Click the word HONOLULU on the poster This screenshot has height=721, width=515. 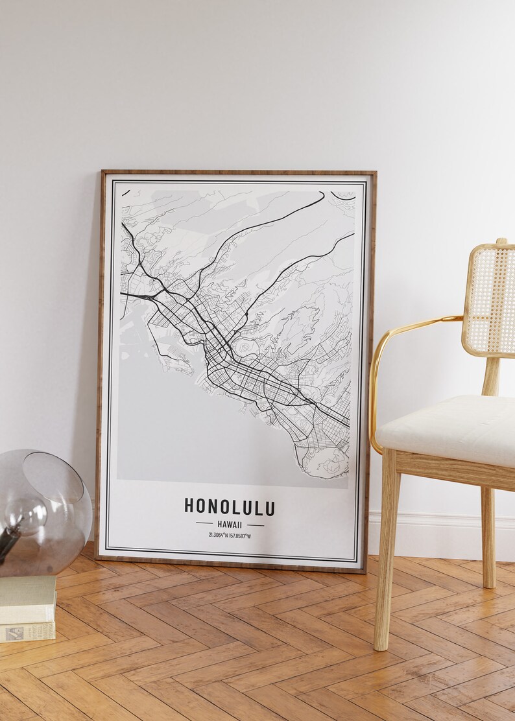(230, 507)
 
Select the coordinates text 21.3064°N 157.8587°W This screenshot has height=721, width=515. (230, 535)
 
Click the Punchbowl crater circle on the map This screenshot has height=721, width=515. (245, 348)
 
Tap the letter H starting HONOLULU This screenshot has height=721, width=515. (189, 507)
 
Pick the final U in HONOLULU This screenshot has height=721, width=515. (270, 507)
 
